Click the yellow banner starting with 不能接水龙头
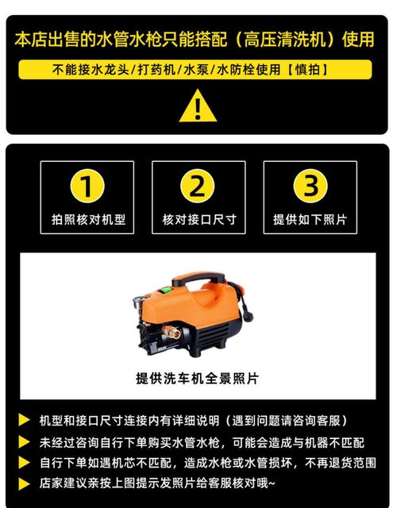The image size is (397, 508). (198, 70)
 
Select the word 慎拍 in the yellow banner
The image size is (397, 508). (318, 70)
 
